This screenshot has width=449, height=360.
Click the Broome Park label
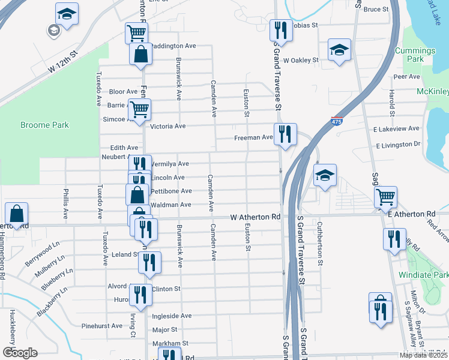pos(44,125)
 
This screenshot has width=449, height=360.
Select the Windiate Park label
pos(422,275)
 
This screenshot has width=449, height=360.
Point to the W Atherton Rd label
pos(255,217)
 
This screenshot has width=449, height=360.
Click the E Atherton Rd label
pos(411,214)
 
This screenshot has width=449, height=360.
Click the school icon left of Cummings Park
pos(339,50)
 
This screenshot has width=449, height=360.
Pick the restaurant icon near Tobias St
pos(280,29)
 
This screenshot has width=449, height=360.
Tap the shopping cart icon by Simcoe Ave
pos(139,110)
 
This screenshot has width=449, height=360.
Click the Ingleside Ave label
pos(172,316)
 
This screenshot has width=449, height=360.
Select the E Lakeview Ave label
pos(396,129)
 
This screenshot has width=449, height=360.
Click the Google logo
pos(20,353)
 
